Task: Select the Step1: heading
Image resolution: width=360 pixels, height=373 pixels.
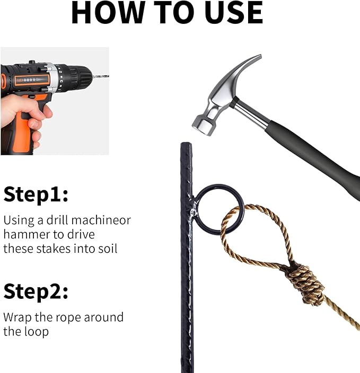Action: pyautogui.click(x=36, y=194)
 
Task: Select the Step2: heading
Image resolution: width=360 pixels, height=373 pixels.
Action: pyautogui.click(x=36, y=292)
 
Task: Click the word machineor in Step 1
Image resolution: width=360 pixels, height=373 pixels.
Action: pyautogui.click(x=101, y=220)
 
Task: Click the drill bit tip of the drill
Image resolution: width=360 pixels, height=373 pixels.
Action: pyautogui.click(x=108, y=76)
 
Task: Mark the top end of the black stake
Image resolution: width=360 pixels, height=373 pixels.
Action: pyautogui.click(x=186, y=143)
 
